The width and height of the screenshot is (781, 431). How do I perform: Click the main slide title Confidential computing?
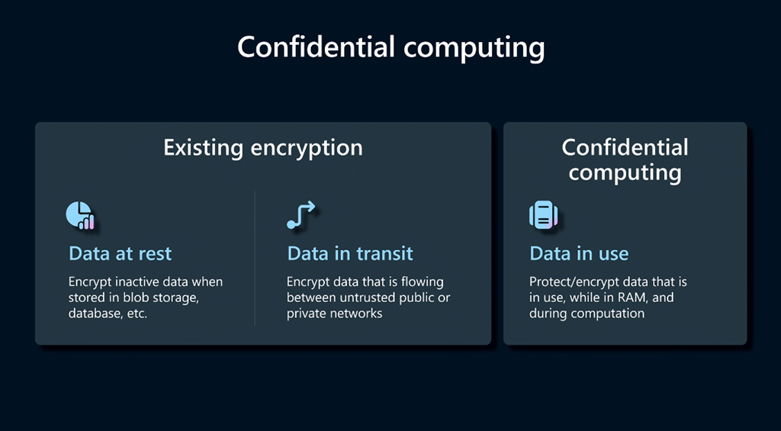click(390, 47)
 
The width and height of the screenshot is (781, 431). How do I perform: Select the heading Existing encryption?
click(263, 147)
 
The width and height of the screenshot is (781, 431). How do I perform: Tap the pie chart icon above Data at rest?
click(79, 216)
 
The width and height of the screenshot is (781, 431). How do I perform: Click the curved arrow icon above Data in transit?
click(301, 216)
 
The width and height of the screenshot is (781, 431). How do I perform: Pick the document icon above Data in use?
click(543, 216)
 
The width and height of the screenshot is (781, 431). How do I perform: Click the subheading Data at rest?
click(121, 253)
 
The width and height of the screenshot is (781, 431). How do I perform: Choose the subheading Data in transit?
click(350, 253)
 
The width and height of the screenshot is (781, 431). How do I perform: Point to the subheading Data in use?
click(579, 253)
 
